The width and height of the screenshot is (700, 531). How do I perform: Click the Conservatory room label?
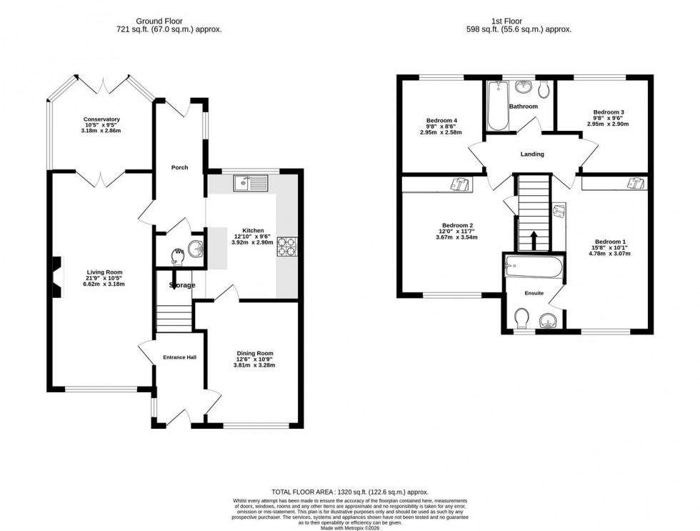(101, 119)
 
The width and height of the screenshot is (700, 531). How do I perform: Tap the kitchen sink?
(249, 184)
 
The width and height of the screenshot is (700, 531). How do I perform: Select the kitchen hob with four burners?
(287, 247)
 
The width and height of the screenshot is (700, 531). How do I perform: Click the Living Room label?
(101, 272)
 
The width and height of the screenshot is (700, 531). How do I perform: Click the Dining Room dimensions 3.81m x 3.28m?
(254, 365)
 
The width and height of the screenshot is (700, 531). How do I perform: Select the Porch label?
(179, 168)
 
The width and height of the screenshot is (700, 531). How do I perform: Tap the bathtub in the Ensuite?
(535, 267)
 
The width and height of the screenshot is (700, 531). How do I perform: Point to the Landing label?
(532, 154)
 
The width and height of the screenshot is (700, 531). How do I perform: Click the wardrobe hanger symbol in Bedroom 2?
(459, 185)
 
